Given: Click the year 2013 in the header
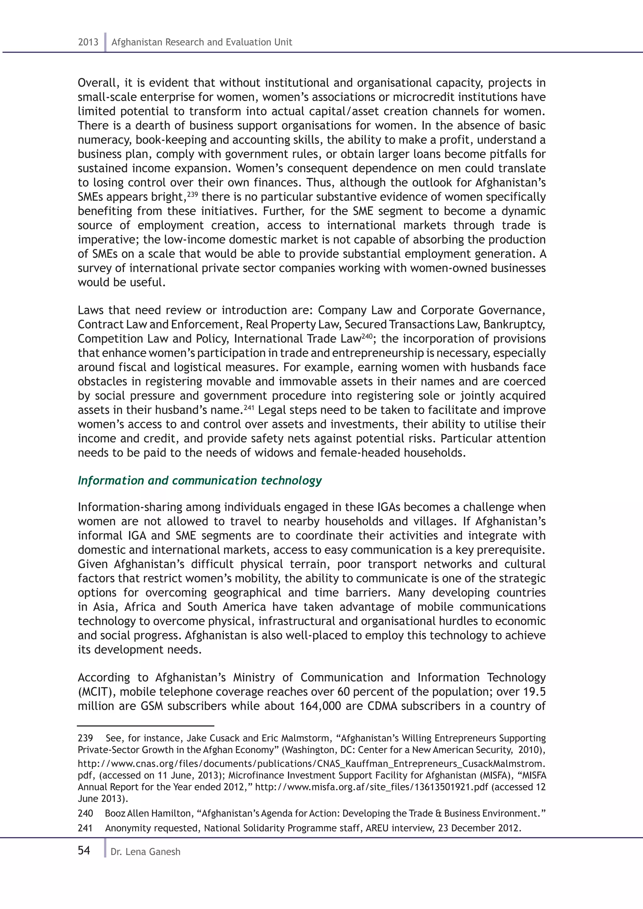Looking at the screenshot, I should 88,42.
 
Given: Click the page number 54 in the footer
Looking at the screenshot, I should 84,851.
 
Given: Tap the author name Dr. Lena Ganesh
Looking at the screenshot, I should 145,852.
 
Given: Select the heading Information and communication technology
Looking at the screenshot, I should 200,480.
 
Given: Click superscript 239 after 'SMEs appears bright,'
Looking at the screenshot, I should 192,194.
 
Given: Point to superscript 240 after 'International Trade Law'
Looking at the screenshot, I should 367,336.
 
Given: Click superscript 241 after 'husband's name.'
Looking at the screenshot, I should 248,407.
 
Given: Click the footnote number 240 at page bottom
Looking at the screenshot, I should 85,814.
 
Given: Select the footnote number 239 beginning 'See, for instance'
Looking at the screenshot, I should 85,738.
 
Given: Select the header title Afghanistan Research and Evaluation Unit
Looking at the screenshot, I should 202,42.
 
